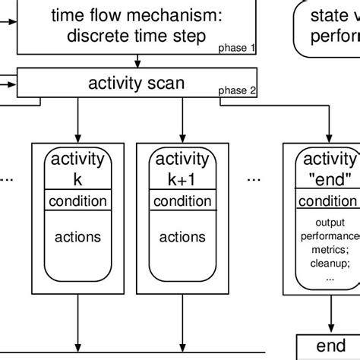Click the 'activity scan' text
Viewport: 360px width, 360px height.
[x=137, y=83]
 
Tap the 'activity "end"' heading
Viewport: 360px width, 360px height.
[x=328, y=169]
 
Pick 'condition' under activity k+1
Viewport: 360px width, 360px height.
[x=182, y=201]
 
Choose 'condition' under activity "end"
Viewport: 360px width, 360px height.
[x=327, y=201]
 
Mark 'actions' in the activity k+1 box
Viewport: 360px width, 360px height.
[x=182, y=237]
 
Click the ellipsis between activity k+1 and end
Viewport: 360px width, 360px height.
[x=254, y=181]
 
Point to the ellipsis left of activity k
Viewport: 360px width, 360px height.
[x=7, y=181]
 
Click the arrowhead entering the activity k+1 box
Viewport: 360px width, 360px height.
[x=182, y=137]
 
